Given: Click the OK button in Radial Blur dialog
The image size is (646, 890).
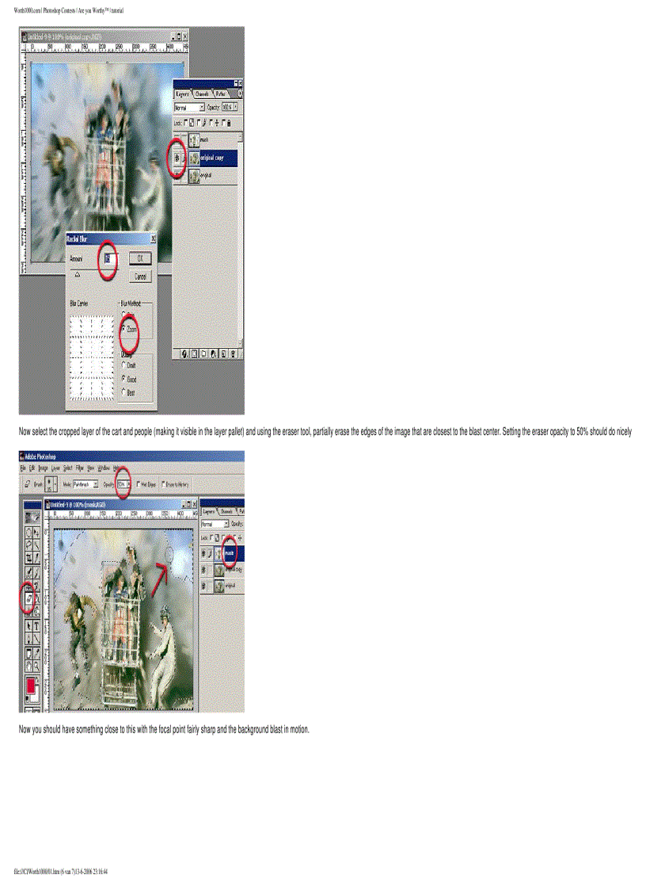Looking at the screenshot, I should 139,258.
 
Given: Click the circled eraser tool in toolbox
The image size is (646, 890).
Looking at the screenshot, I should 28,600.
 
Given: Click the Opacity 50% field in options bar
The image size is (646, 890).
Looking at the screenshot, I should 122,483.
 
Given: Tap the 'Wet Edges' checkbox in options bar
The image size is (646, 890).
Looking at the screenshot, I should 139,483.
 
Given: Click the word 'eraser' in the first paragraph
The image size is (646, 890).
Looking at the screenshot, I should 279,432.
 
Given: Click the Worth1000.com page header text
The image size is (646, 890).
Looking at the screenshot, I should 69,10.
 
